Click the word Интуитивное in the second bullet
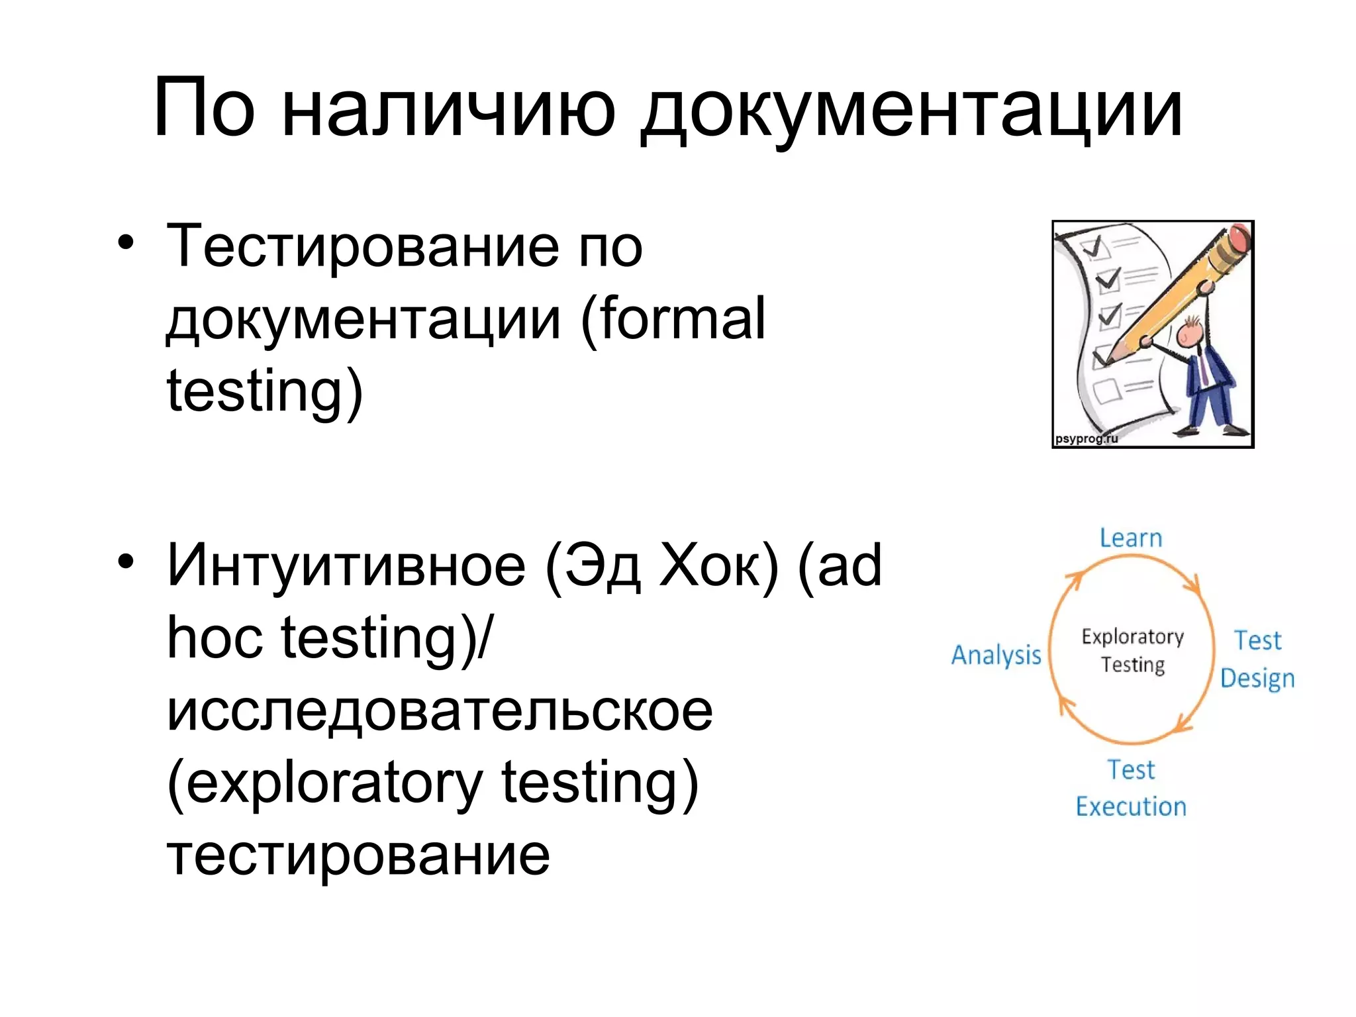[x=346, y=565]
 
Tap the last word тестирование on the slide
[x=358, y=855]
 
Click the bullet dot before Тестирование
[x=126, y=243]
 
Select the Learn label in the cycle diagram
[x=1131, y=538]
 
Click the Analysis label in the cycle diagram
[x=996, y=655]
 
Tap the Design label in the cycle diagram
[x=1257, y=679]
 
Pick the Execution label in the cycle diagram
[x=1131, y=806]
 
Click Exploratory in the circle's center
[x=1132, y=636]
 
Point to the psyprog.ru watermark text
[x=1086, y=438]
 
